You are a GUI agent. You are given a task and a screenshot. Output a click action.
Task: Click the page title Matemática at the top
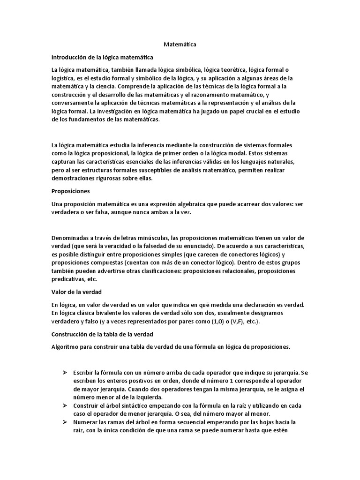point(180,45)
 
